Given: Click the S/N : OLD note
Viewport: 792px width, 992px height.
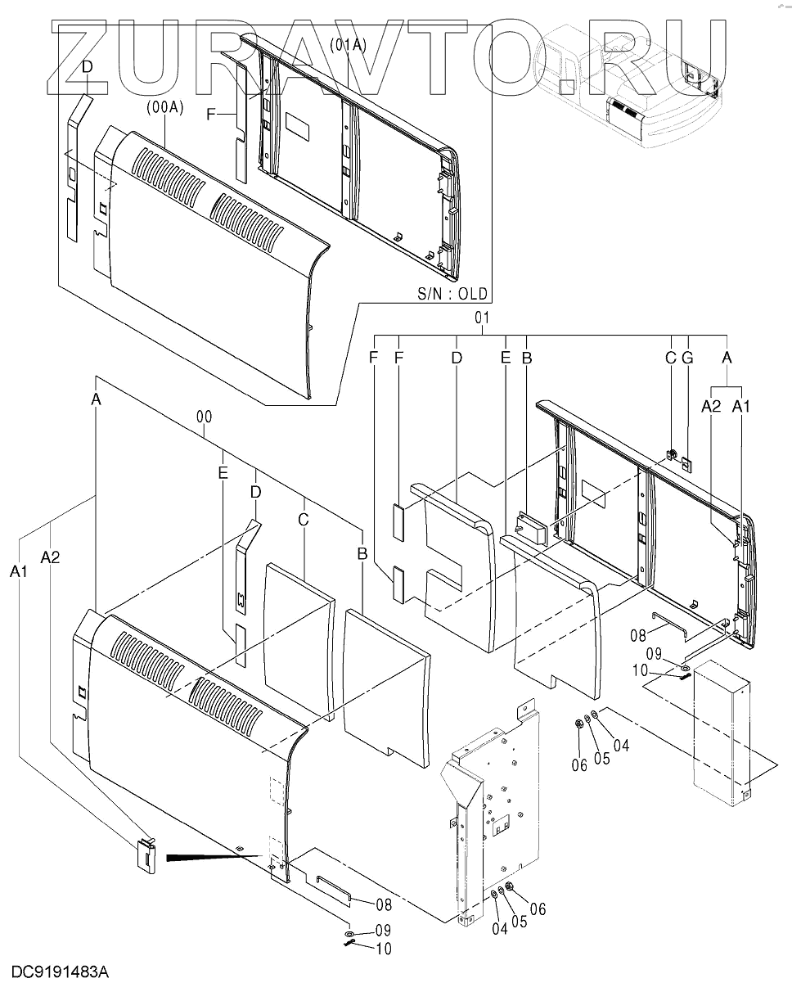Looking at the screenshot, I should tap(452, 293).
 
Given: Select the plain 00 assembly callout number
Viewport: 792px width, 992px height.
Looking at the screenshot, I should tap(205, 417).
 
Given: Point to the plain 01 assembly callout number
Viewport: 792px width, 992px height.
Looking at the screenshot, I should tap(481, 317).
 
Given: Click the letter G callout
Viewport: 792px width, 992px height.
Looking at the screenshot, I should tap(686, 357).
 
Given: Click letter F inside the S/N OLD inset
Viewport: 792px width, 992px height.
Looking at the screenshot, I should tap(210, 115).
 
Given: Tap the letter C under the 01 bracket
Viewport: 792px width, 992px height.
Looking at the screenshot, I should tap(670, 357).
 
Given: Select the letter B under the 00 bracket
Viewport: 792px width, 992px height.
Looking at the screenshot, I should tap(361, 554).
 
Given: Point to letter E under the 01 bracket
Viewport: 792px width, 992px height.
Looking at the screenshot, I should tap(506, 357).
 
